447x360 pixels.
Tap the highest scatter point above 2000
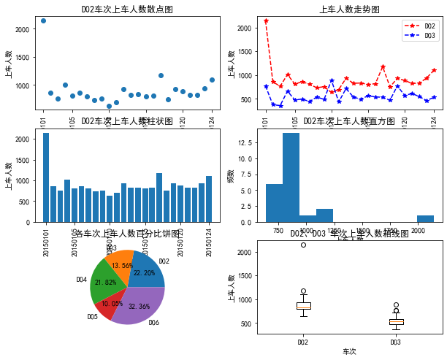coord(43,20)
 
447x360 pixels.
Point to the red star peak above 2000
coord(266,21)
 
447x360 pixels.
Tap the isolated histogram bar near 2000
coord(425,218)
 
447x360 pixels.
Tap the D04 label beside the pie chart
coord(81,279)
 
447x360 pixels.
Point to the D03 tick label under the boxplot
coord(395,342)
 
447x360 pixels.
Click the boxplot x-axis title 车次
coord(349,351)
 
